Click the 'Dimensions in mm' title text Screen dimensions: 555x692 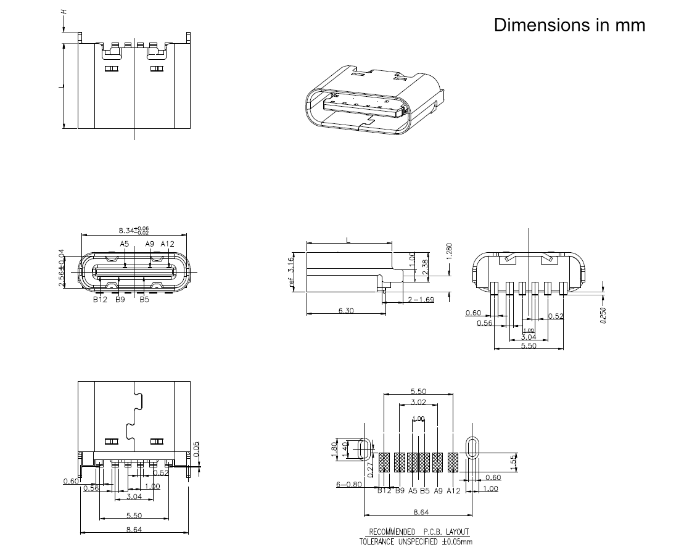569,25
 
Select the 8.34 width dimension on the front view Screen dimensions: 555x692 133,230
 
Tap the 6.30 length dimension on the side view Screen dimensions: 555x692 346,311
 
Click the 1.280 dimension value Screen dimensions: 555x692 449,250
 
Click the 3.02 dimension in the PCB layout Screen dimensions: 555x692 418,402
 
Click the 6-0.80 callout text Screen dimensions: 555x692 348,485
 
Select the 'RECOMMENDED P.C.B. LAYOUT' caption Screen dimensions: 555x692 419,532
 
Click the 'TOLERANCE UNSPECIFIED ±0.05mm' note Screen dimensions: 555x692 416,542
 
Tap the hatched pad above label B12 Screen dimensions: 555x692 384,462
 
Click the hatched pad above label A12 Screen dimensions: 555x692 453,462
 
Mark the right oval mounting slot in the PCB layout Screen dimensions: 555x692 472,448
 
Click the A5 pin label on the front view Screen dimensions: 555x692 125,244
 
